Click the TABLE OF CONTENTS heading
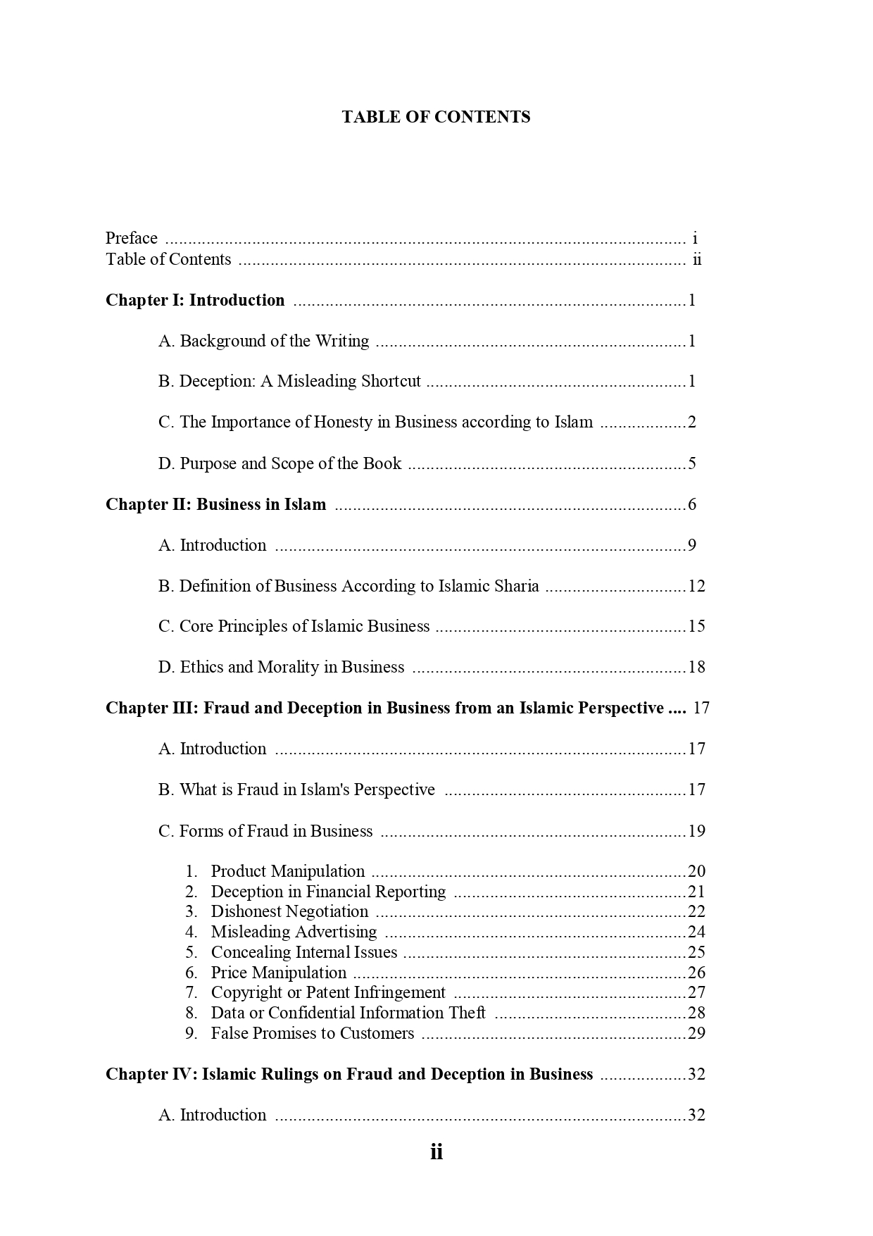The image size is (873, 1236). coord(436,117)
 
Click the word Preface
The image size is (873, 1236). coord(132,238)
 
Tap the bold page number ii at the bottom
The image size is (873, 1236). coord(436,1152)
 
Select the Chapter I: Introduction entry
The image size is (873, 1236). coord(195,300)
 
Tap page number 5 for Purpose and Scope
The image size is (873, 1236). coord(692,463)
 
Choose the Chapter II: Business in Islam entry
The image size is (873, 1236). coord(215,504)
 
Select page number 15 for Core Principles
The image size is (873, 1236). coord(696,626)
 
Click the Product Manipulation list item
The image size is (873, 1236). coord(287,871)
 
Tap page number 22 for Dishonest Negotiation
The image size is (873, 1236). coord(696,911)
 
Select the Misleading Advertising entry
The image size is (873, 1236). coord(294,932)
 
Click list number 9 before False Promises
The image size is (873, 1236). coord(191,1033)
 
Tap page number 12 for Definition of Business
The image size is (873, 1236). coord(696,586)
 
